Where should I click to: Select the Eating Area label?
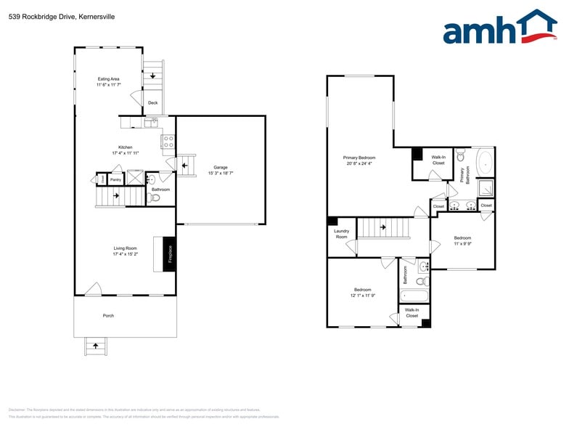[x=108, y=78]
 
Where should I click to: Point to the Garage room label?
[x=221, y=167]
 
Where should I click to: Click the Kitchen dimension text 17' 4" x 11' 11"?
[x=125, y=153]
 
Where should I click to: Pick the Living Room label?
[x=125, y=248]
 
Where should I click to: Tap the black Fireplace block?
[x=170, y=254]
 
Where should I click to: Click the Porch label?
[x=108, y=316]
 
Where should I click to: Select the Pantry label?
[x=115, y=179]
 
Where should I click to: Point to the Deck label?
[x=152, y=103]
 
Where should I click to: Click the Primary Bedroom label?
[x=359, y=157]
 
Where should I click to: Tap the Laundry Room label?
[x=341, y=234]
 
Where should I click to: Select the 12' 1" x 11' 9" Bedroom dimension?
[x=362, y=296]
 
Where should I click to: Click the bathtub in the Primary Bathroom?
[x=484, y=161]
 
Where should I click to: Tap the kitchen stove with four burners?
[x=168, y=142]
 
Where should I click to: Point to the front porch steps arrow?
[x=94, y=346]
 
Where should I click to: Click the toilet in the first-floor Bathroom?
[x=155, y=198]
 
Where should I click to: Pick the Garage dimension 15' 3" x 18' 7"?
[x=221, y=174]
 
